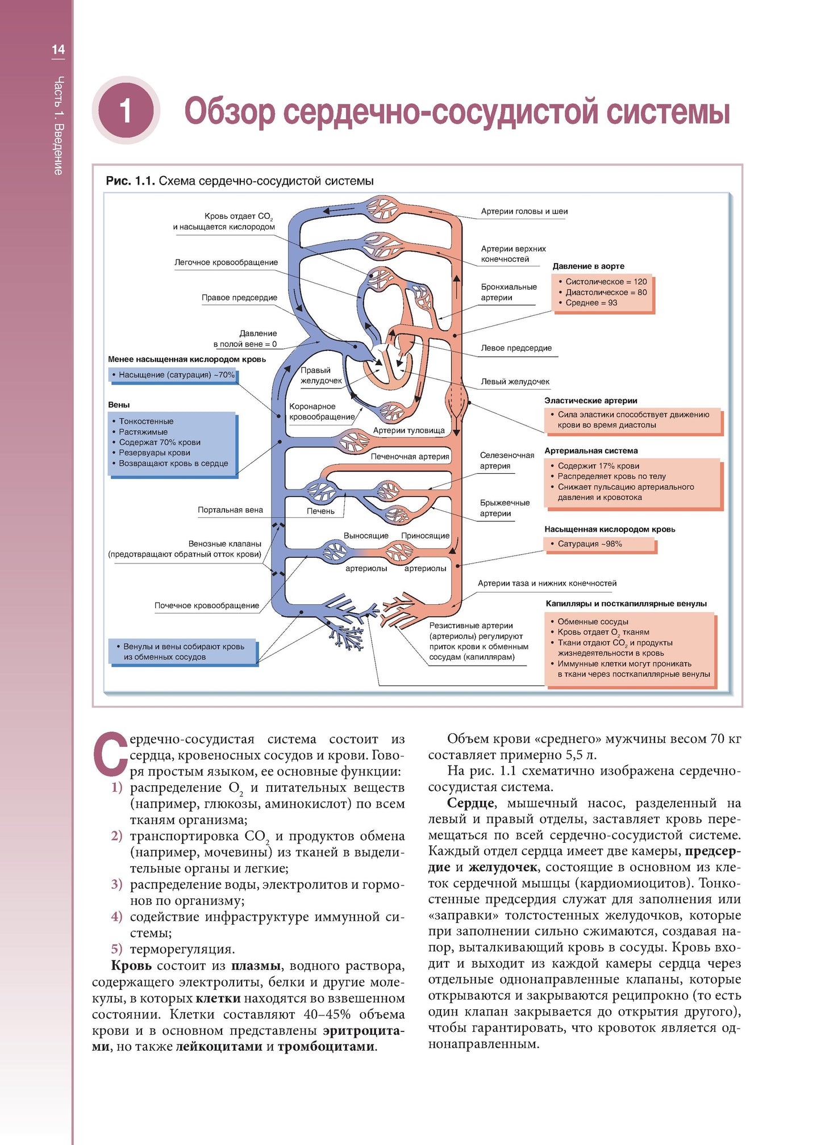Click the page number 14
click(x=58, y=50)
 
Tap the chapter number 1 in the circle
click(x=126, y=110)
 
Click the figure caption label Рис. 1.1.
click(x=130, y=181)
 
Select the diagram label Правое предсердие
click(x=239, y=298)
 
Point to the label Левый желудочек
click(x=515, y=382)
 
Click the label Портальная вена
click(x=230, y=510)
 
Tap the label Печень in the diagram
click(x=320, y=511)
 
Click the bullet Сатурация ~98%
click(x=589, y=544)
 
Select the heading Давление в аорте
click(x=588, y=266)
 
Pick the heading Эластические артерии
click(x=590, y=401)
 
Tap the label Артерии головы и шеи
click(x=524, y=211)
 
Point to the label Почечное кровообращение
click(x=207, y=606)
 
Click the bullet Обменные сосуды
click(x=593, y=622)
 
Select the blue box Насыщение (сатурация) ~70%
click(x=173, y=375)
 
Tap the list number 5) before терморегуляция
click(x=116, y=949)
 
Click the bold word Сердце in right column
click(x=471, y=803)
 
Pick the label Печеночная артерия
click(x=410, y=457)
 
